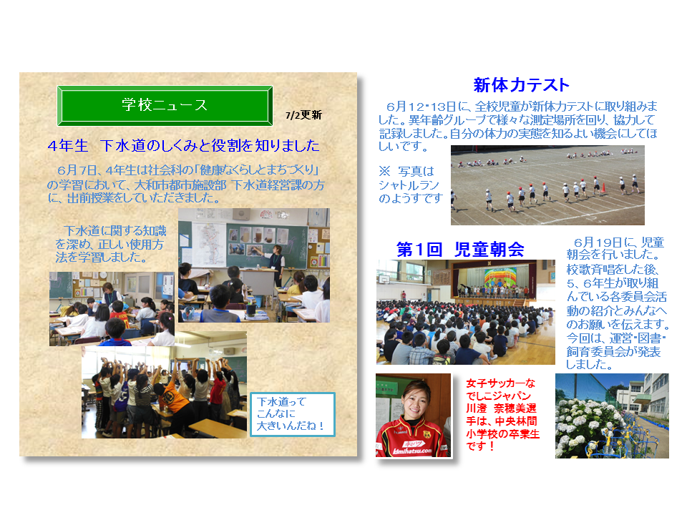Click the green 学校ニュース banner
tap(165, 106)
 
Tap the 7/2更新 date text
tap(303, 115)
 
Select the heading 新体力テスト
tap(521, 84)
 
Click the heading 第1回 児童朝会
tap(460, 249)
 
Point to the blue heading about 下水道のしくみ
tap(184, 145)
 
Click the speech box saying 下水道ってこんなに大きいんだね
tap(292, 414)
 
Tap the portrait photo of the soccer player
tap(413, 415)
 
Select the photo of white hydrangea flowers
tap(612, 416)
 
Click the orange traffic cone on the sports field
tap(603, 187)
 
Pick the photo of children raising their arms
tap(164, 385)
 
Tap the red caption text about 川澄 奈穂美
tap(502, 415)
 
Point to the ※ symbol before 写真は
tap(384, 170)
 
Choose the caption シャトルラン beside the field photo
tap(409, 185)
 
